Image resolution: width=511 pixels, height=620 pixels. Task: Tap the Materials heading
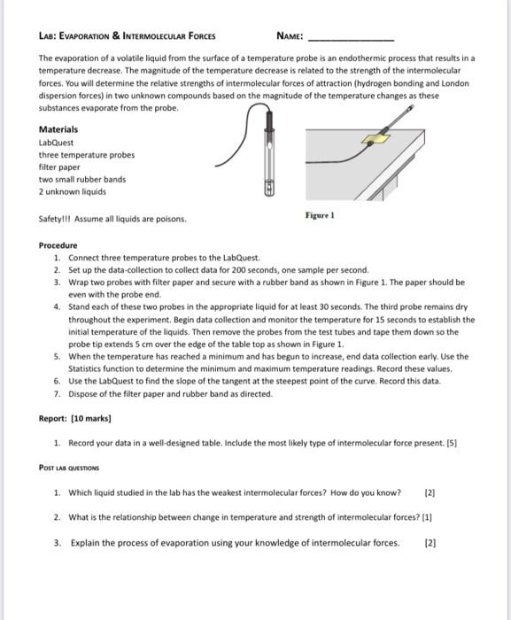pos(58,129)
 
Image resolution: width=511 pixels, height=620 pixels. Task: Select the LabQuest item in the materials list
pos(57,142)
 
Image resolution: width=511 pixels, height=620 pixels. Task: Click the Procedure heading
pos(58,244)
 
